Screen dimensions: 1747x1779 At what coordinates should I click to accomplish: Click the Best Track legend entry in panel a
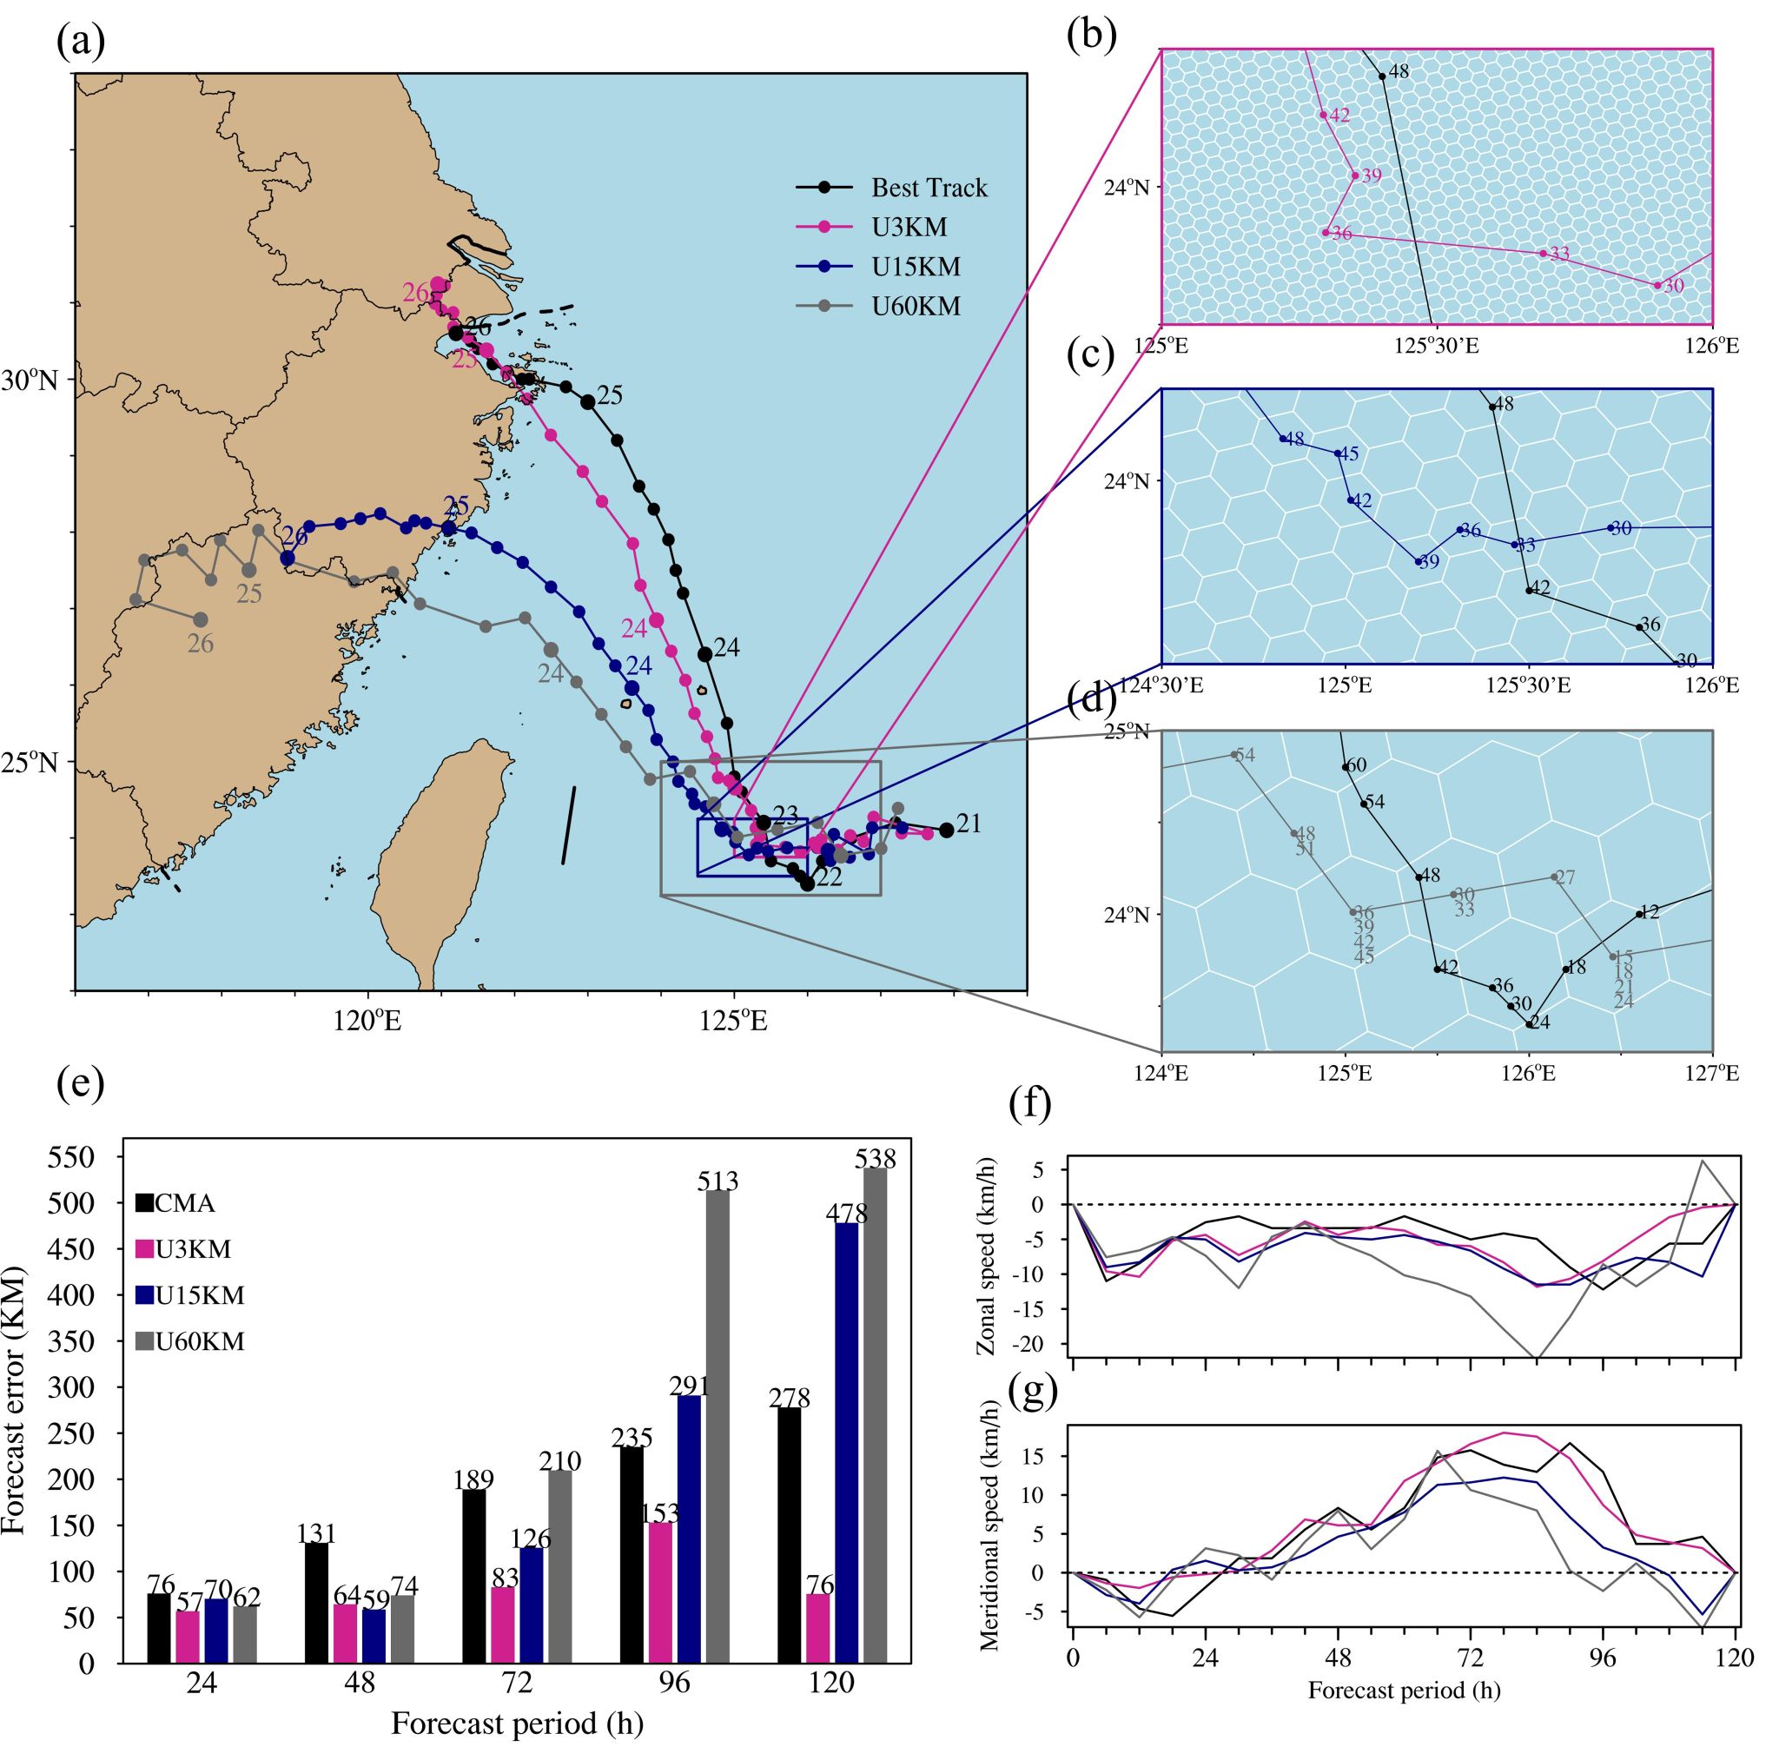coord(929,189)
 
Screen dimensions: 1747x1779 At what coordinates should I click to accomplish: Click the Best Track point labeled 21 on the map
coord(946,830)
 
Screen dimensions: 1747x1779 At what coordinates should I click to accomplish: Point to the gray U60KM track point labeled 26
coord(201,619)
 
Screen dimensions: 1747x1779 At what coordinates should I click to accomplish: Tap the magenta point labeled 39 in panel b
coord(1355,175)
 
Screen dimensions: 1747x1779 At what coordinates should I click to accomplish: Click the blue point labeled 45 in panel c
coord(1337,453)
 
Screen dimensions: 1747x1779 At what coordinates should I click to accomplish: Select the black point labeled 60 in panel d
coord(1346,767)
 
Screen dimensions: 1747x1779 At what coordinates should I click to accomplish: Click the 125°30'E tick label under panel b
coord(1437,346)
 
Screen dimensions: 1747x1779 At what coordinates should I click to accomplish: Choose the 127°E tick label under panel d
coord(1711,1073)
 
